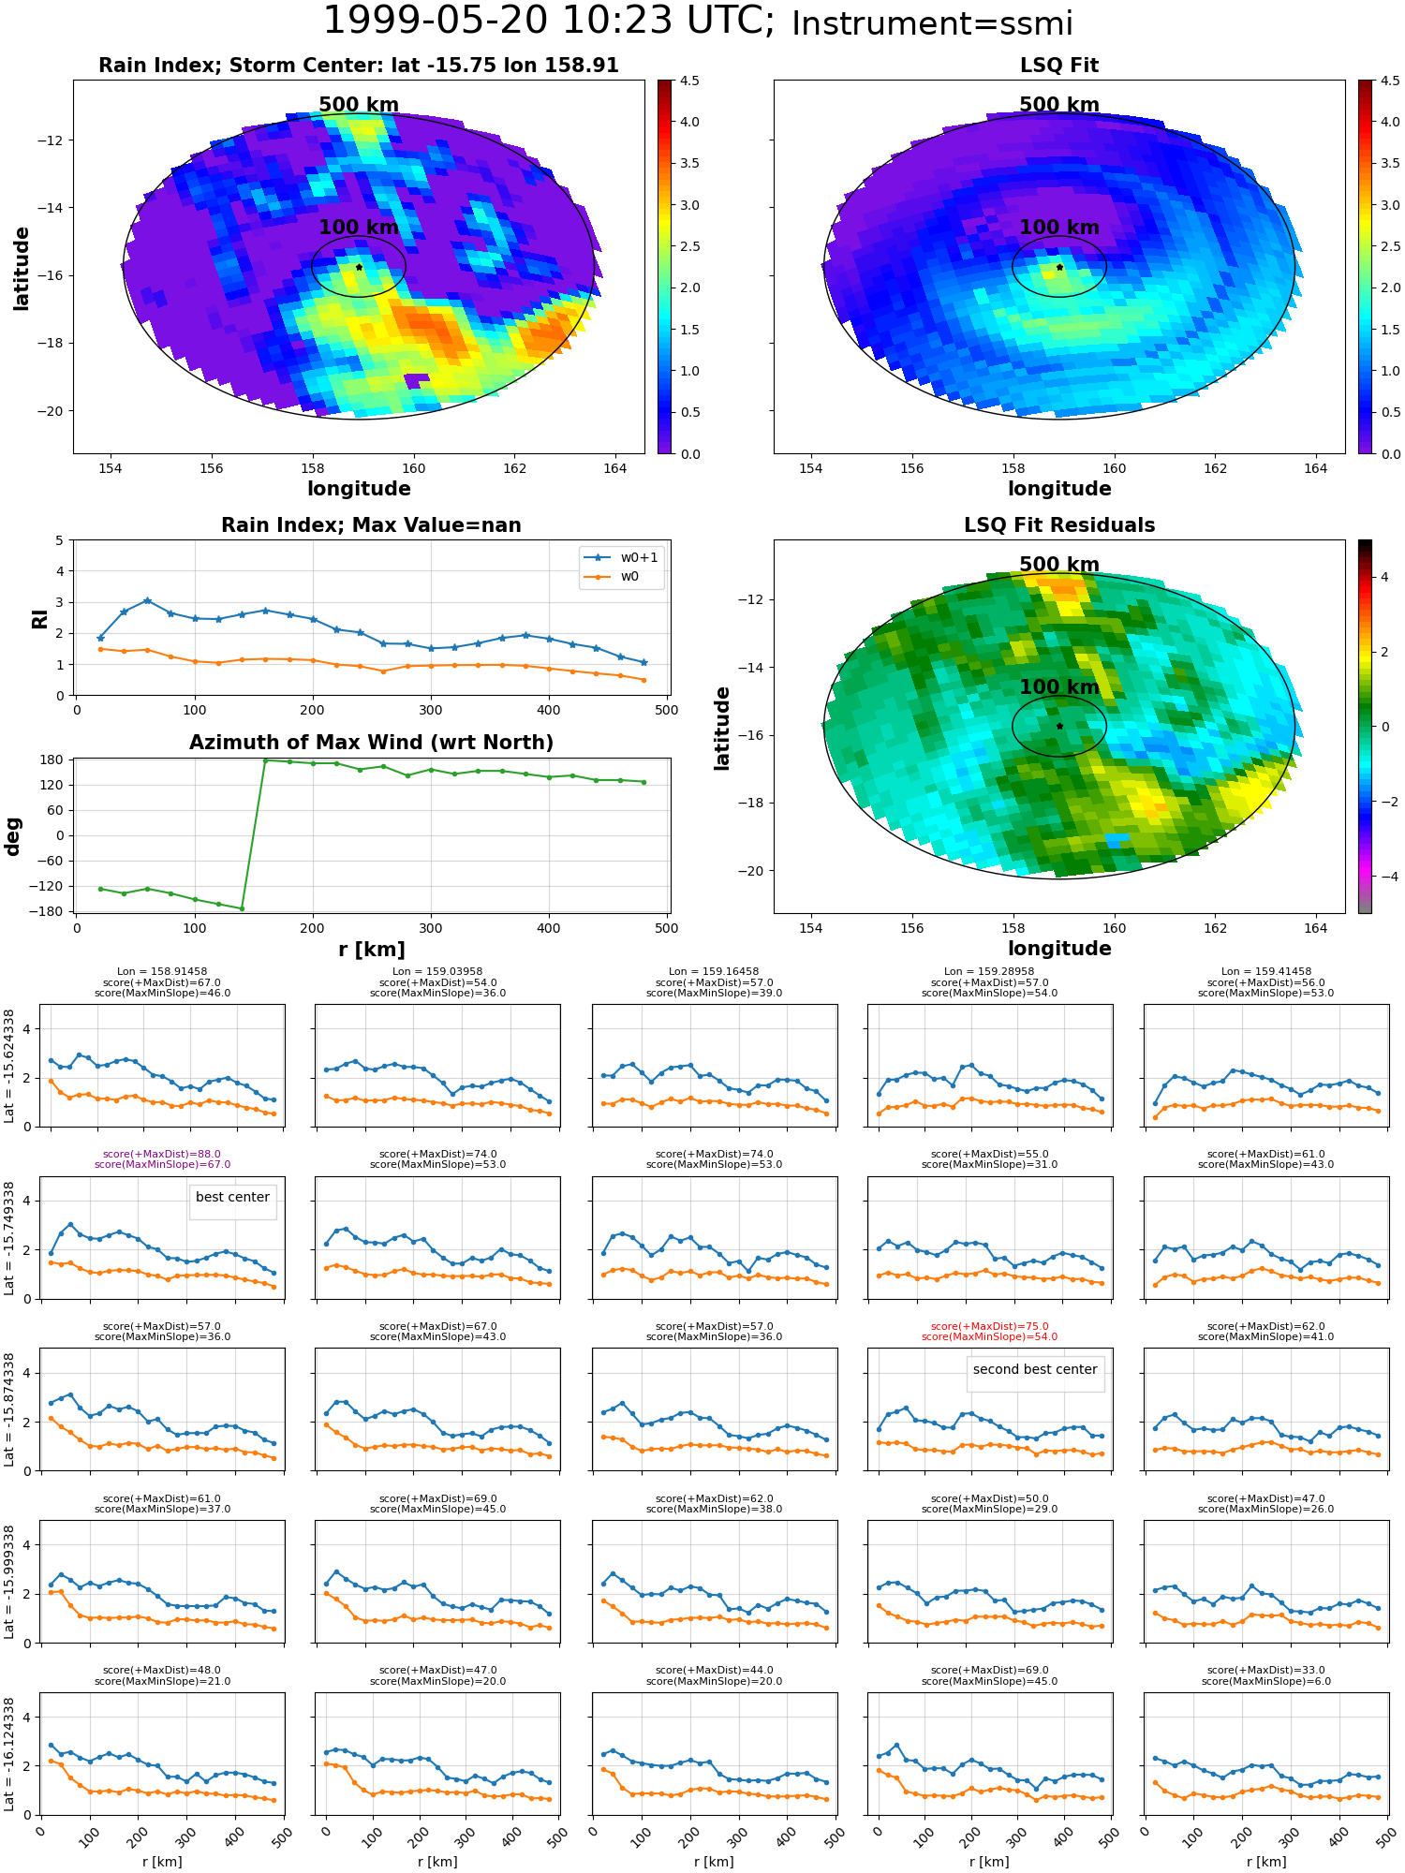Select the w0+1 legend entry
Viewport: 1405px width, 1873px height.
click(621, 558)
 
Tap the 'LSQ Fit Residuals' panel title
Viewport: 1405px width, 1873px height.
click(1059, 525)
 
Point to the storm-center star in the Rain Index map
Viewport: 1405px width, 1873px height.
click(359, 267)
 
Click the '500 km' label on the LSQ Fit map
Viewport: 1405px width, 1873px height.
click(1059, 105)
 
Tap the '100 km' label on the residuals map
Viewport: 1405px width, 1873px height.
click(1059, 687)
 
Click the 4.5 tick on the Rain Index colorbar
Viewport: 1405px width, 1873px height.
click(689, 81)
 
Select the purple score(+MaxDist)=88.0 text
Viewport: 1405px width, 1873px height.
click(162, 1155)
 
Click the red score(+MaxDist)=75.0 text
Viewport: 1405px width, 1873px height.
click(989, 1327)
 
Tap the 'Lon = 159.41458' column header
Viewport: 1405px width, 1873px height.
click(1266, 972)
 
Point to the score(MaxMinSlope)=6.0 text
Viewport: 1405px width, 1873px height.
click(1266, 1681)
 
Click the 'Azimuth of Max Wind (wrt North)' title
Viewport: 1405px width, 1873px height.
click(371, 743)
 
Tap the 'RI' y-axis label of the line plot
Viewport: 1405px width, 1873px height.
click(39, 619)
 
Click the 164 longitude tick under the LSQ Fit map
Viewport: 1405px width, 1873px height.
click(1315, 468)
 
